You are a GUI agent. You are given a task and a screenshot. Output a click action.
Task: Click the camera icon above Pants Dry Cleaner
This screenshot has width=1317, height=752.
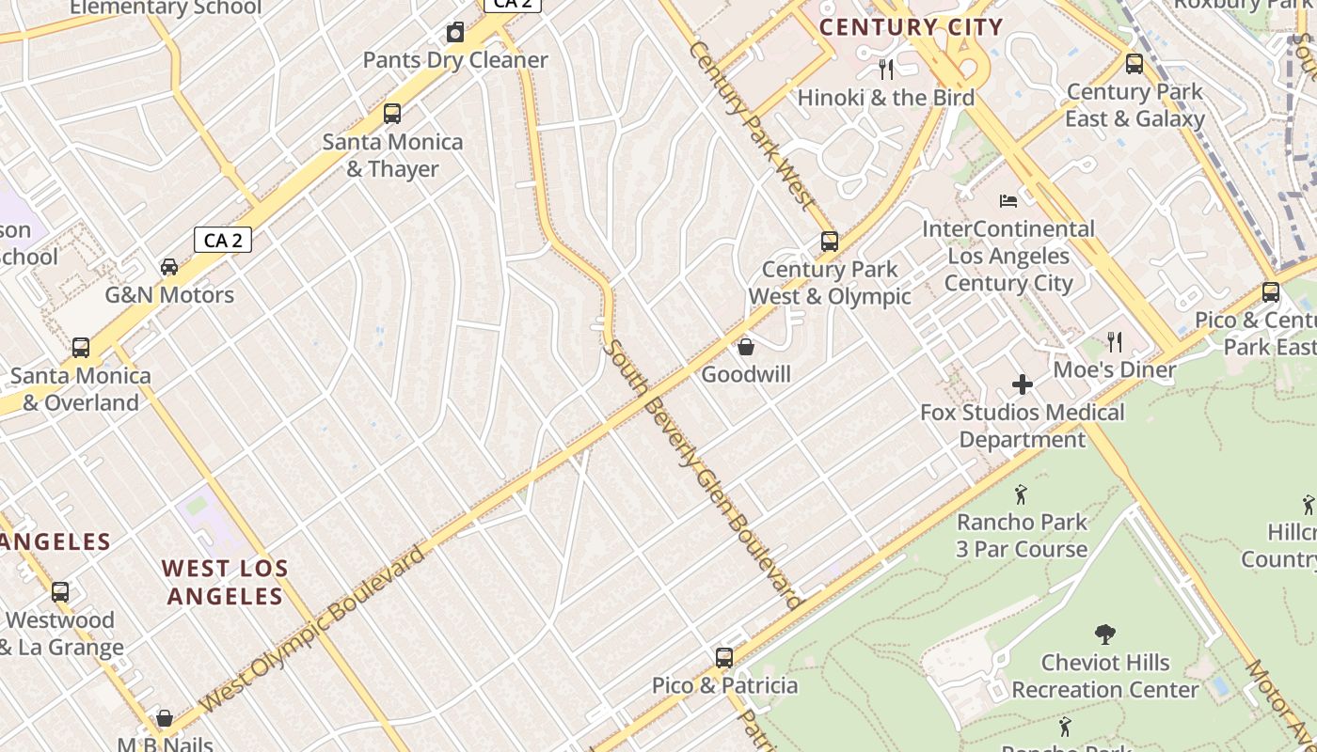click(455, 33)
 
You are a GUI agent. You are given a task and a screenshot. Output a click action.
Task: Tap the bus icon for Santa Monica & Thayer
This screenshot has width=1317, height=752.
click(392, 114)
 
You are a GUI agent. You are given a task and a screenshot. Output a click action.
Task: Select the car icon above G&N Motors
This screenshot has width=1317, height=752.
click(169, 267)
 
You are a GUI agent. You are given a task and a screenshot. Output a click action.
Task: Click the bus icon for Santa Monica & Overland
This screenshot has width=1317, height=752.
click(81, 348)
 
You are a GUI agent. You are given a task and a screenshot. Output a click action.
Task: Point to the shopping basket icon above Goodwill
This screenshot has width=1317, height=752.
click(746, 347)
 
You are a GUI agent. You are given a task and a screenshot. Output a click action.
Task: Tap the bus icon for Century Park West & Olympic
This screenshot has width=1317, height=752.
click(829, 242)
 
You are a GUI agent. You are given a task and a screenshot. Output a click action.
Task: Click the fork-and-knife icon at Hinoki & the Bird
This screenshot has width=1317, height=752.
click(885, 69)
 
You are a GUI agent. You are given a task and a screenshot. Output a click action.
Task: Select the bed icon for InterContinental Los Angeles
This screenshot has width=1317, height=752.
click(1008, 201)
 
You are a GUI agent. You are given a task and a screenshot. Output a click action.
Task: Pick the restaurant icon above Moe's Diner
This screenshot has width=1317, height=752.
click(1115, 342)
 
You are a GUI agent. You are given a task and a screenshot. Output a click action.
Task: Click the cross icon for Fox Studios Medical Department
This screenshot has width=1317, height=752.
click(1023, 384)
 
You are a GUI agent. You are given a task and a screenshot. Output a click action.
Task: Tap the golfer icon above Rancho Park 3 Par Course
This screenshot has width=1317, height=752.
click(1022, 493)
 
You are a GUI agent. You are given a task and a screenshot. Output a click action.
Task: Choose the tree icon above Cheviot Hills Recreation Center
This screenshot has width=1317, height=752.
click(1105, 634)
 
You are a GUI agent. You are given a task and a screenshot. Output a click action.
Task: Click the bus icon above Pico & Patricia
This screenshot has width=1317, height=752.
click(724, 658)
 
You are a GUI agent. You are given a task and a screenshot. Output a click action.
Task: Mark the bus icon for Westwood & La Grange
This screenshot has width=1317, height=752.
click(60, 592)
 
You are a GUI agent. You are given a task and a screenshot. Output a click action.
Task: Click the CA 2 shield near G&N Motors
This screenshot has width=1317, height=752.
click(223, 240)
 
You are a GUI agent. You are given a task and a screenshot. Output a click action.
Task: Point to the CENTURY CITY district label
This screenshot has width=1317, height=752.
click(911, 27)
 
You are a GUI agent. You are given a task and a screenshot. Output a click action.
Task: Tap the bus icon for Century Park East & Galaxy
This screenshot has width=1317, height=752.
click(1135, 64)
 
